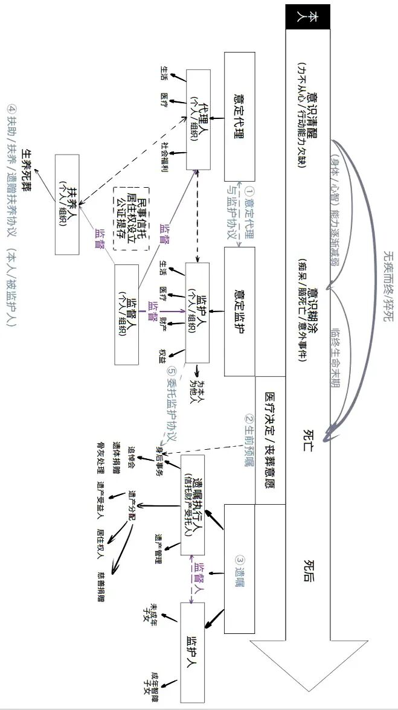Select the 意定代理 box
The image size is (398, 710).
pos(240,116)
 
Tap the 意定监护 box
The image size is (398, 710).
pos(240,311)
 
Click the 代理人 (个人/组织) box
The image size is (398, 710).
pos(198,119)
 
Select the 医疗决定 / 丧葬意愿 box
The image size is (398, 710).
pos(270,441)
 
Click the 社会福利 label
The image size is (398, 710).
pos(164,158)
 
